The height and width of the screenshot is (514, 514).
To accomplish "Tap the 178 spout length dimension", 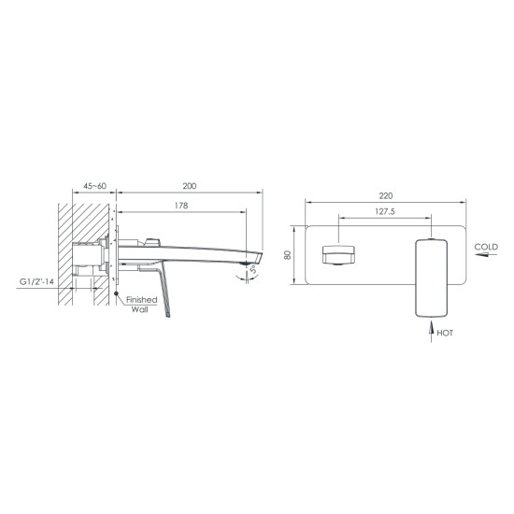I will [x=183, y=207].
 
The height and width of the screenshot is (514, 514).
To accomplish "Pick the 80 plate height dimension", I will [x=290, y=254].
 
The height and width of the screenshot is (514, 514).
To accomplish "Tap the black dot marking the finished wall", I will [x=117, y=294].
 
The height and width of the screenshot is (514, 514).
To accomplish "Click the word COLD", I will [x=486, y=247].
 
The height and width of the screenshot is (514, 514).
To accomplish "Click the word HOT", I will [x=446, y=332].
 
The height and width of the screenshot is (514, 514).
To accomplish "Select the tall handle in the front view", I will [x=431, y=276].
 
